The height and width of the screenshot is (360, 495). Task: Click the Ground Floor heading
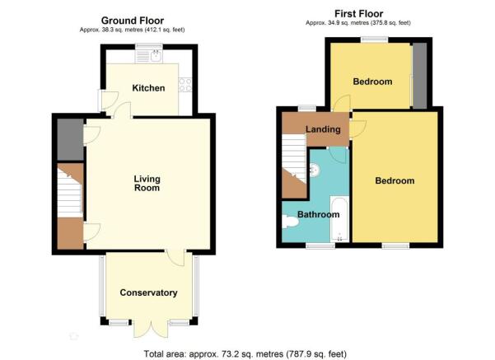[x=133, y=21]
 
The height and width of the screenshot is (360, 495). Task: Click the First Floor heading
[x=358, y=14]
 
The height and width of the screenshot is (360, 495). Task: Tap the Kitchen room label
[x=148, y=88]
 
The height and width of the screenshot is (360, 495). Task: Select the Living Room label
[x=147, y=184]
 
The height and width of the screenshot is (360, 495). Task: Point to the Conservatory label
[x=148, y=292]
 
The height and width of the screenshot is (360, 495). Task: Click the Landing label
[x=323, y=129]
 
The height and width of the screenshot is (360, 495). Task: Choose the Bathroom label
[x=319, y=214]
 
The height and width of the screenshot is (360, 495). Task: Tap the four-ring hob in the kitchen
[x=185, y=85]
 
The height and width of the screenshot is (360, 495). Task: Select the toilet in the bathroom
[x=291, y=222]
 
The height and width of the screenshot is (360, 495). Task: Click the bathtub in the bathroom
[x=339, y=219]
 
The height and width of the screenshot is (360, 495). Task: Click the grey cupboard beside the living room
[x=70, y=139]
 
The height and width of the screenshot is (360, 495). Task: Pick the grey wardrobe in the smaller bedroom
[x=420, y=75]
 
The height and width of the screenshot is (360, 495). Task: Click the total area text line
[x=245, y=353]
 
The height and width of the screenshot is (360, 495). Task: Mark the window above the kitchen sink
[x=149, y=48]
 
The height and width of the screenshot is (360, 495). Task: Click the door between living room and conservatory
[x=175, y=257]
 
